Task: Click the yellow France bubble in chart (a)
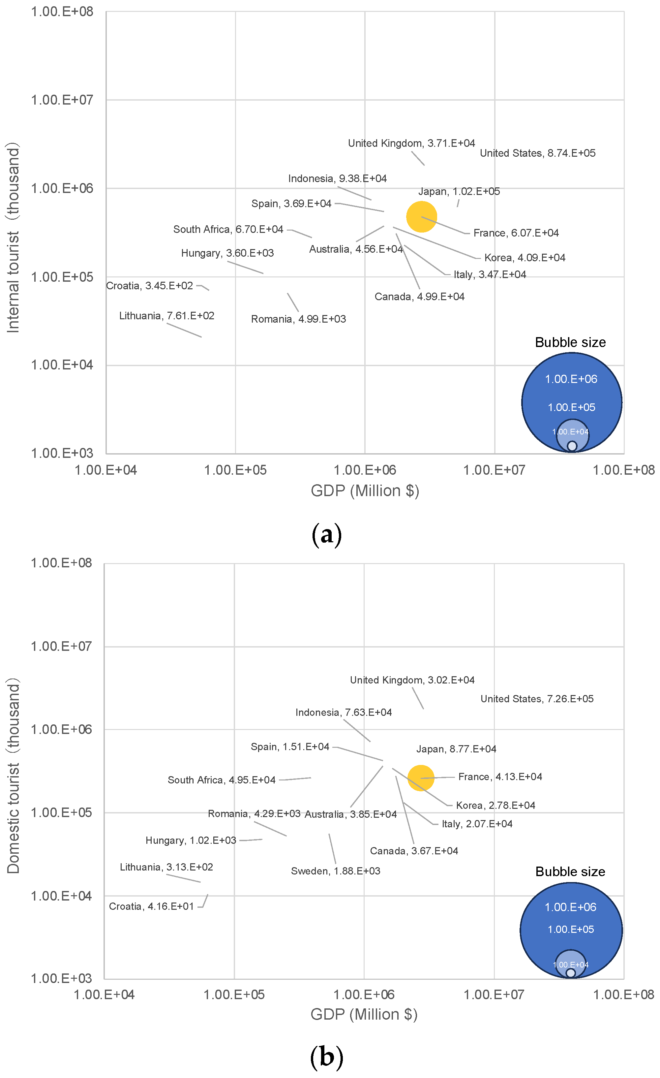coord(421,217)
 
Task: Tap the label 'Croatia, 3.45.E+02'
coord(150,286)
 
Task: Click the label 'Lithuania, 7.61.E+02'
coord(166,316)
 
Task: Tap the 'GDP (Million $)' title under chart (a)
coord(365,491)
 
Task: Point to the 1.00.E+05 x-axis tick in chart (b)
coord(234,995)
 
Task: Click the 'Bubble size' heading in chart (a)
coord(570,342)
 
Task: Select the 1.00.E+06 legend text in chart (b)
coord(570,907)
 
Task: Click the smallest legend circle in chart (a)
coord(572,446)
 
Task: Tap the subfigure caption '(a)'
coord(326,535)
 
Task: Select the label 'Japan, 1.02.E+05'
coord(459,192)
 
